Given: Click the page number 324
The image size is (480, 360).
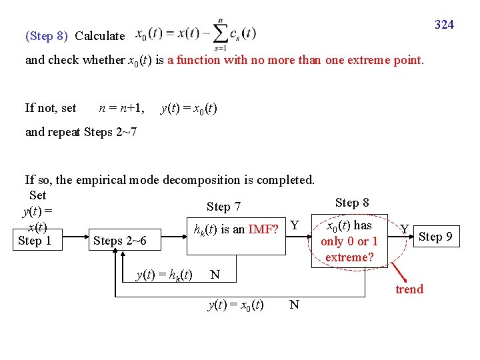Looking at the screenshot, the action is pyautogui.click(x=444, y=25).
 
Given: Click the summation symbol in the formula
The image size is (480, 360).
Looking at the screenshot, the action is pyautogui.click(x=220, y=33).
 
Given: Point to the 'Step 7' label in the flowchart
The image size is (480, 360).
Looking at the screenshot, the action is pyautogui.click(x=223, y=207).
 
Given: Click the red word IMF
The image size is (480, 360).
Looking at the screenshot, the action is pyautogui.click(x=263, y=230).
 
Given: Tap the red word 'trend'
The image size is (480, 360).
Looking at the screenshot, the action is pyautogui.click(x=409, y=289).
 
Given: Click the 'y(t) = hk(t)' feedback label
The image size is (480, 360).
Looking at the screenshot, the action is pyautogui.click(x=163, y=274).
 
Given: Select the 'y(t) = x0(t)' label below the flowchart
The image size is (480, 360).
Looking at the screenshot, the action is pyautogui.click(x=235, y=305).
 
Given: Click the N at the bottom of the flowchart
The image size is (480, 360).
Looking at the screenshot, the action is pyautogui.click(x=294, y=305).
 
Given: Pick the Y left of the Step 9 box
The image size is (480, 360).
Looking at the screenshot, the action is pyautogui.click(x=404, y=230).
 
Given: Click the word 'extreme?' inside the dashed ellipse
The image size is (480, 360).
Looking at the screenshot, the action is pyautogui.click(x=349, y=257).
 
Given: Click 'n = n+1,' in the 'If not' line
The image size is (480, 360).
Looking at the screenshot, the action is pyautogui.click(x=121, y=107).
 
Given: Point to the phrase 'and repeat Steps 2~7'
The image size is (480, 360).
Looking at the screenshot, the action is pyautogui.click(x=81, y=131).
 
